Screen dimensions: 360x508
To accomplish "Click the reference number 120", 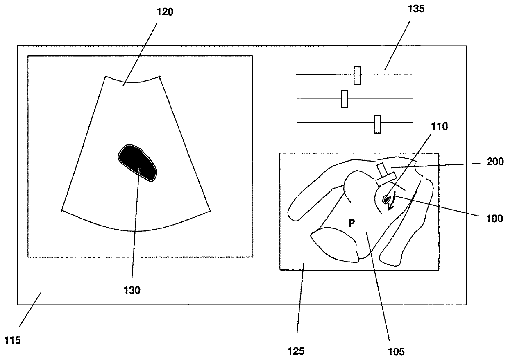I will [165, 12].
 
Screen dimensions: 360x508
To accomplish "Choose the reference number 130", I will [132, 290].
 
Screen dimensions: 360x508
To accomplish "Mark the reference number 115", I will [12, 340].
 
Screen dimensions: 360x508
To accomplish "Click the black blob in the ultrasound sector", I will [137, 162].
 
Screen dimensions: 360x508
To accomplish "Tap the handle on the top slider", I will [357, 75].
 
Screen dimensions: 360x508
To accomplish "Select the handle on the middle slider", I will [344, 99].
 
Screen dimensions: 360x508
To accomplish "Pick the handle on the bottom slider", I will [377, 124].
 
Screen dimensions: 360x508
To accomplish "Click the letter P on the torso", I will [351, 223].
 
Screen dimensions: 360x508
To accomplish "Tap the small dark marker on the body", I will [386, 199].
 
